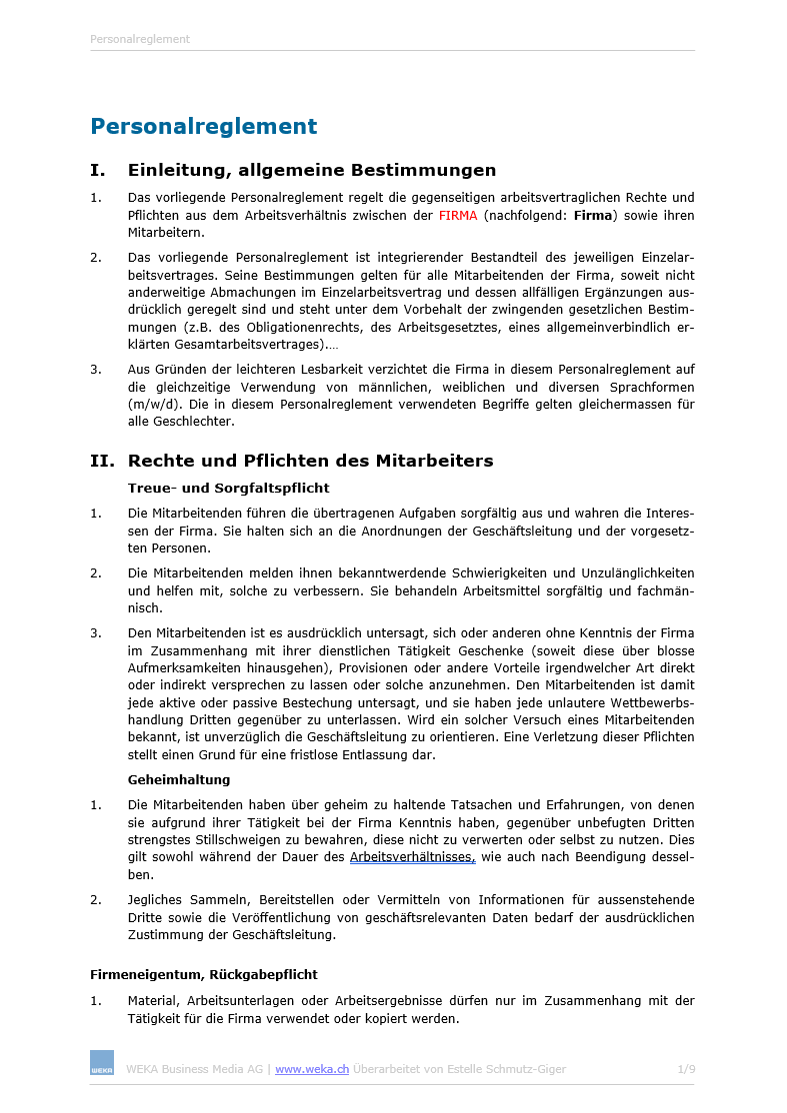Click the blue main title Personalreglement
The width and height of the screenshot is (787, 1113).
[203, 127]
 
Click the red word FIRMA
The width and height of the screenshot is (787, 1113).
[458, 216]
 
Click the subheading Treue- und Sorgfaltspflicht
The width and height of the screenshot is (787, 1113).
[228, 489]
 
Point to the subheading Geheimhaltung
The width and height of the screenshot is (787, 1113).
[179, 779]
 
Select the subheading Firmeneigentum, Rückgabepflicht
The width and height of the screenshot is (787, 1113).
[204, 974]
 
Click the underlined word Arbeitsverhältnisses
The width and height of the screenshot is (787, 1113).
[412, 857]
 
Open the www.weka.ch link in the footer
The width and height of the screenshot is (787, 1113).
[312, 1069]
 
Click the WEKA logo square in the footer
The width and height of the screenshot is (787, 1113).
[102, 1063]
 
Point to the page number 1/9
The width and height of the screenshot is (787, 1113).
[686, 1069]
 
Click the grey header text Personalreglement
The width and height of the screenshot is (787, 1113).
[140, 40]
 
